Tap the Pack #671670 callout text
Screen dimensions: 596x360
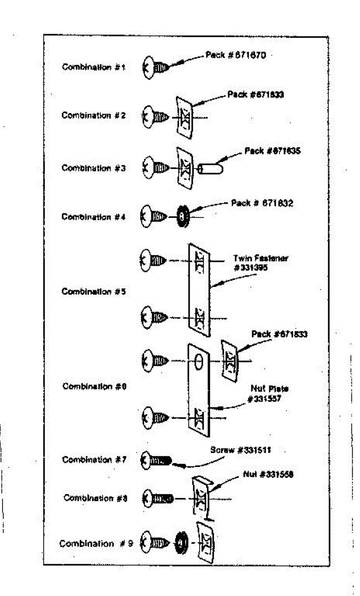236,55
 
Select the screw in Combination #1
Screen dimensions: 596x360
156,67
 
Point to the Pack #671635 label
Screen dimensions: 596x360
272,151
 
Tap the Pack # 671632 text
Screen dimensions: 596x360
262,204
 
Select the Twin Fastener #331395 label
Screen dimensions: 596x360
261,263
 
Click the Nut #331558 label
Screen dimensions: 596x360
268,474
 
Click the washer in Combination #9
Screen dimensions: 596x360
181,542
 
